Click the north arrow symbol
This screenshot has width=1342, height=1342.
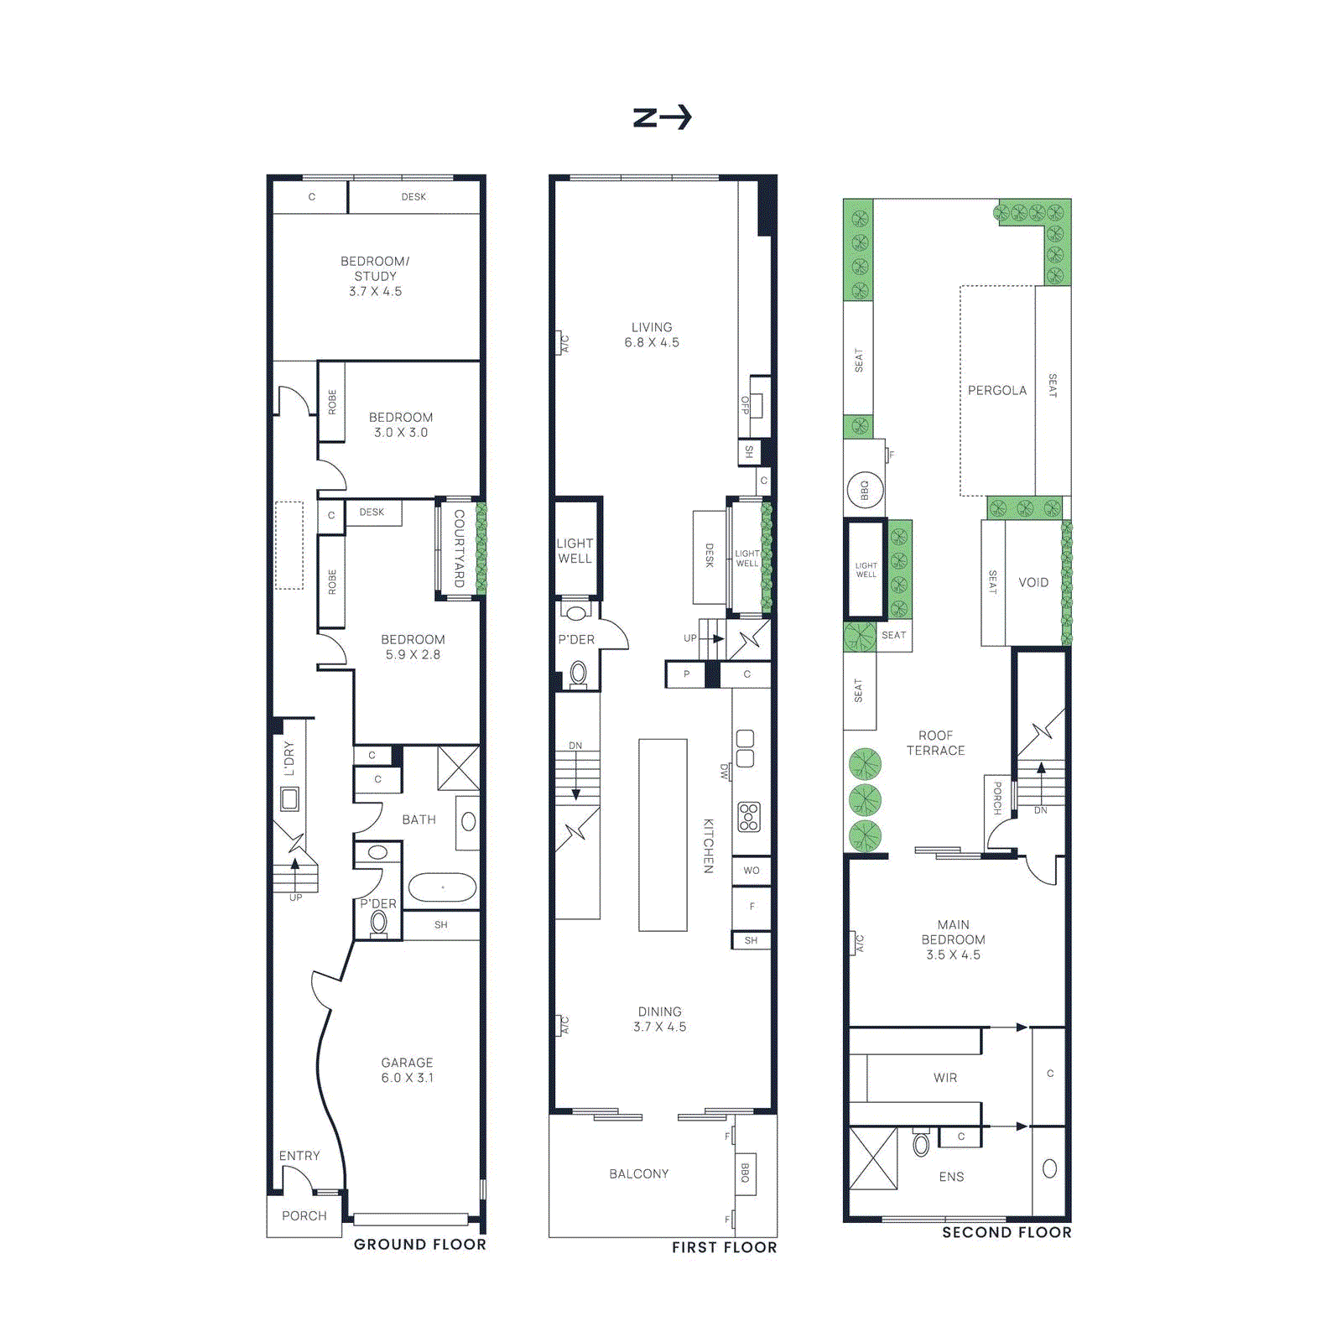point(662,117)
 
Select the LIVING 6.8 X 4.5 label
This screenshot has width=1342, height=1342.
point(652,335)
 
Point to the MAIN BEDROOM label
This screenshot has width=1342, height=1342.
point(953,939)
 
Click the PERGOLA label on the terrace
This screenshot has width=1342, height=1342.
point(996,390)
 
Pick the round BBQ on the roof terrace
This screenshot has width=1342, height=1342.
point(864,490)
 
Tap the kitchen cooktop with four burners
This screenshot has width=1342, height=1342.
point(748,817)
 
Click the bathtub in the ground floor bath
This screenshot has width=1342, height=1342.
point(442,887)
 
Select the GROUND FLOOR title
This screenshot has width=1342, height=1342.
point(419,1244)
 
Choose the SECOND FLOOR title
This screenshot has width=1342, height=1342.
point(1006,1232)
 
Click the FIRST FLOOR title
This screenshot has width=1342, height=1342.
point(724,1247)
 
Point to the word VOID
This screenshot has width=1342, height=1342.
point(1033,582)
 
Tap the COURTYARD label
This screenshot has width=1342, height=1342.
point(459,549)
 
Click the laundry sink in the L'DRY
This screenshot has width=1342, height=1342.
point(289,798)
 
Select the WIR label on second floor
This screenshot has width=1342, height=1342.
point(945,1078)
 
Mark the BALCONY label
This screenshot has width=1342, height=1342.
point(639,1173)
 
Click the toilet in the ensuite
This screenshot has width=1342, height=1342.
point(921,1145)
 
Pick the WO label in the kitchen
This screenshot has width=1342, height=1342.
point(751,871)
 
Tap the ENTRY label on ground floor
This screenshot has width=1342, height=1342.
point(299,1156)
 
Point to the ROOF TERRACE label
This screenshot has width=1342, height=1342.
point(935,743)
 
